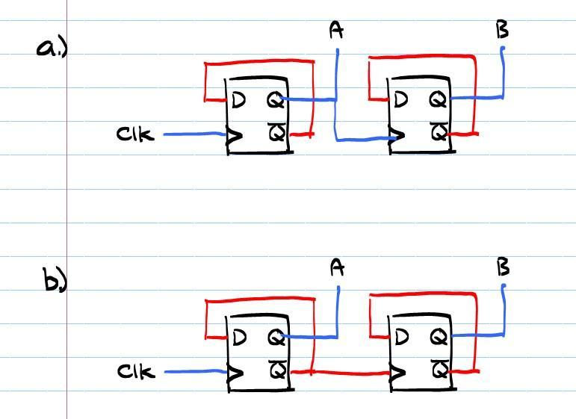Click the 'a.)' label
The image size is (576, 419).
point(52,48)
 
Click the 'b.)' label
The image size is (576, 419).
point(55,281)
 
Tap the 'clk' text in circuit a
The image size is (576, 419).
point(135,134)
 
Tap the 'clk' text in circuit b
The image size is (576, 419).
point(136,370)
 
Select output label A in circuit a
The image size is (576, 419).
point(336,31)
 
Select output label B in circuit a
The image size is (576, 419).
point(502,31)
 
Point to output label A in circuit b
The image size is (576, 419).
point(337,267)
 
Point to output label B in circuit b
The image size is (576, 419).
point(503,267)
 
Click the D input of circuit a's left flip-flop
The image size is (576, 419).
point(238,99)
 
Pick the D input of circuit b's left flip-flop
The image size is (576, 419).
point(239,337)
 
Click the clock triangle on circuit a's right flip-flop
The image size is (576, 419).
point(397,137)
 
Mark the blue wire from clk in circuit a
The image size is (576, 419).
point(193,134)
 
